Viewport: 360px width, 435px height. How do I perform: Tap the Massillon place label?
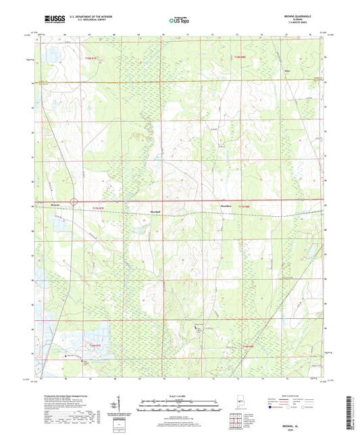coord(226,204)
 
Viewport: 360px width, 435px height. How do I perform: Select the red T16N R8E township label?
coord(248,345)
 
